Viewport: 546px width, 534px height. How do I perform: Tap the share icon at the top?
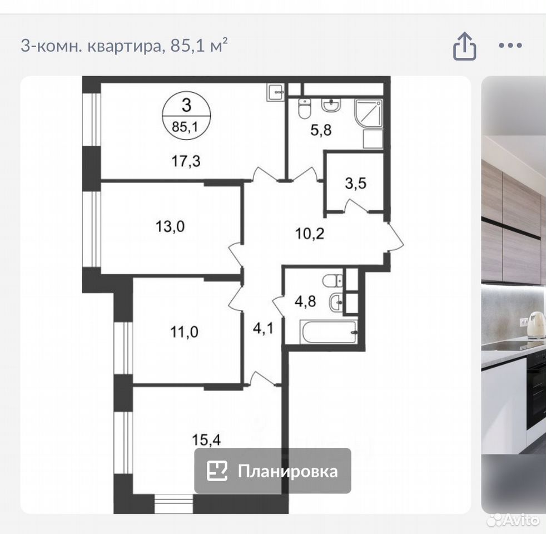pyautogui.click(x=464, y=46)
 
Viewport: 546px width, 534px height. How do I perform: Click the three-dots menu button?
pyautogui.click(x=510, y=45)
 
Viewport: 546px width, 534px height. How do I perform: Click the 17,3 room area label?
pyautogui.click(x=186, y=161)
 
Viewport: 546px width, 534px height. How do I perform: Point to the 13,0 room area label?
pyautogui.click(x=170, y=226)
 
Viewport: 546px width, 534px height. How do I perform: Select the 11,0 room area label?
pyautogui.click(x=184, y=332)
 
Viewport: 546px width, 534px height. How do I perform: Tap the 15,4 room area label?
pyautogui.click(x=206, y=440)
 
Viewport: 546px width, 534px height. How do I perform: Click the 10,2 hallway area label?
pyautogui.click(x=310, y=234)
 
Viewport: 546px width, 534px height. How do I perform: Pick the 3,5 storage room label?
pyautogui.click(x=356, y=183)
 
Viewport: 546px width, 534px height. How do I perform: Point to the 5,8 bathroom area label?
pyautogui.click(x=321, y=130)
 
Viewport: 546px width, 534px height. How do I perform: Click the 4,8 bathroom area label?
pyautogui.click(x=305, y=301)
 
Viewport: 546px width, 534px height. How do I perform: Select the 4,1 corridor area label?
pyautogui.click(x=263, y=328)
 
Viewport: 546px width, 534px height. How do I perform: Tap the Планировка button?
pyautogui.click(x=272, y=471)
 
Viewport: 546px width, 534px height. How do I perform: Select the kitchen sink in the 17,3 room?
pyautogui.click(x=276, y=92)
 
